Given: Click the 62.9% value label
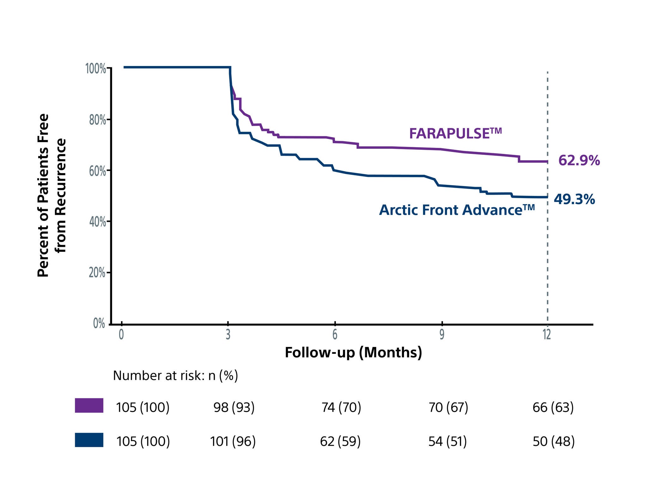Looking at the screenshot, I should point(579,161).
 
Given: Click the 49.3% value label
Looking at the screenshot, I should point(574,199).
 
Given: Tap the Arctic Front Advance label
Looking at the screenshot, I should point(457,210).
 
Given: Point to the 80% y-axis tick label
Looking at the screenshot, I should point(97,120).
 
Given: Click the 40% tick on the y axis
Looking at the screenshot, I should point(97,222).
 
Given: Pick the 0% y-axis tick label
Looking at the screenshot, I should point(99,324).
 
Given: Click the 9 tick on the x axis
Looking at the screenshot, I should point(442,335).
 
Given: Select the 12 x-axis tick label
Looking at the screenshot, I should point(547,335).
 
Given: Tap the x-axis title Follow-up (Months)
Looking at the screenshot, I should point(353,353).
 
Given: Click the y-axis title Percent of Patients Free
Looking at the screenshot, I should point(44,196).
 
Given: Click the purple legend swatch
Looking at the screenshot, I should point(89,405).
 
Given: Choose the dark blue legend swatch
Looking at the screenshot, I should point(89,440).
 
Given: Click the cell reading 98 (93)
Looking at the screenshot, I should point(234,408).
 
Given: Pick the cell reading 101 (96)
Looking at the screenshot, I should point(233,441).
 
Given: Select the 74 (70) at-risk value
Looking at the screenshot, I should point(341,408).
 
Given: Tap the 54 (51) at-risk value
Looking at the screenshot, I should point(447,441).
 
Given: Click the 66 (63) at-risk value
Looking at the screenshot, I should point(553,408).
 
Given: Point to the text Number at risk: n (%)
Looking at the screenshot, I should point(175,376).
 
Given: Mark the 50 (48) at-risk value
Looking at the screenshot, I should point(553,441).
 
